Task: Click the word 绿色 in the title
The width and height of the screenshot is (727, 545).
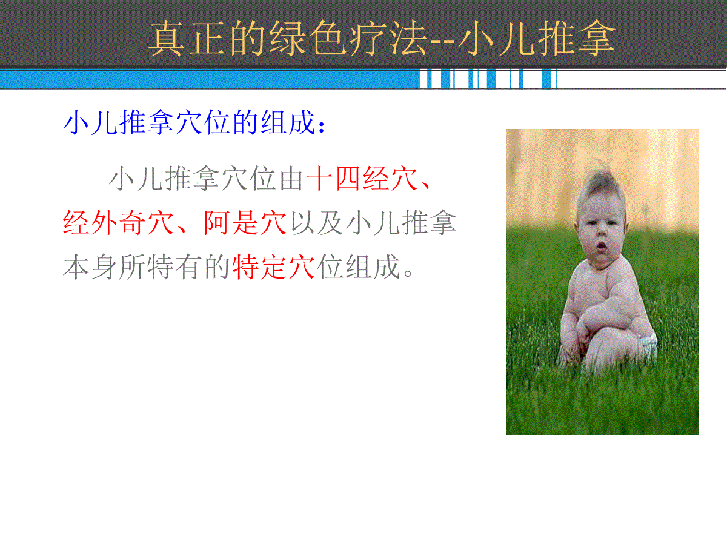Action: [x=307, y=38]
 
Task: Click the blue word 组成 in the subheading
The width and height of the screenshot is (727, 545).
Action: [x=288, y=122]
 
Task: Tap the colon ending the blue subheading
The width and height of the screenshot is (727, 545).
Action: [x=321, y=127]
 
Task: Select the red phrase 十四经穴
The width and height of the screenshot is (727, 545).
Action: [x=362, y=179]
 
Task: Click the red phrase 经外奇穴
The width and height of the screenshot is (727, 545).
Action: [x=118, y=223]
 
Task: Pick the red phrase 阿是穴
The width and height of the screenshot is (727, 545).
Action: [x=245, y=223]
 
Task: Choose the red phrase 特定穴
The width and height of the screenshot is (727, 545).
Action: [x=273, y=266]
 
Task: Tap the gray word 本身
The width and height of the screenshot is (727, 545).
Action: [x=90, y=266]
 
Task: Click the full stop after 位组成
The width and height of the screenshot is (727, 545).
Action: [x=408, y=273]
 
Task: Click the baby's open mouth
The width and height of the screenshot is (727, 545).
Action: [x=601, y=246]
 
